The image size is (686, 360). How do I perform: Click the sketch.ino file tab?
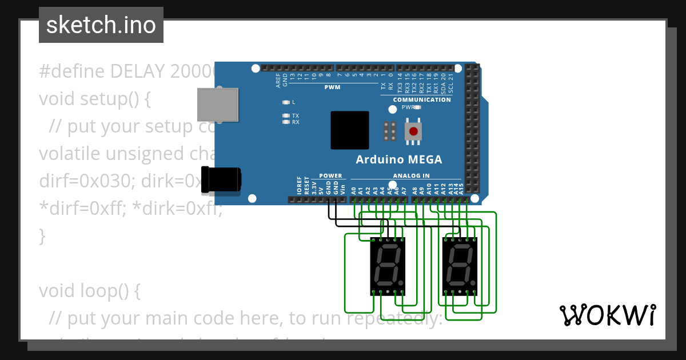pyautogui.click(x=101, y=25)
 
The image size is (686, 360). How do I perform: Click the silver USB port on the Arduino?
pyautogui.click(x=217, y=105)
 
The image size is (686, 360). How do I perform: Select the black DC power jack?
pyautogui.click(x=222, y=178)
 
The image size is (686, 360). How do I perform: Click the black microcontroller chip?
pyautogui.click(x=349, y=130)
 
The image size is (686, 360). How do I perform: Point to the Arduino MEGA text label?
pyautogui.click(x=398, y=159)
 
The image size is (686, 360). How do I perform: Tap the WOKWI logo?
pyautogui.click(x=607, y=315)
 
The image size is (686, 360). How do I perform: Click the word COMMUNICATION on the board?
pyautogui.click(x=422, y=99)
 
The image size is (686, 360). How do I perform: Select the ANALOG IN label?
pyautogui.click(x=411, y=176)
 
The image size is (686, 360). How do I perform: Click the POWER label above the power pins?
pyautogui.click(x=330, y=176)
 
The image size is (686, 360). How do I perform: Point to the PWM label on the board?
pyautogui.click(x=332, y=87)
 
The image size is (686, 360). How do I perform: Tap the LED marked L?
pyautogui.click(x=286, y=102)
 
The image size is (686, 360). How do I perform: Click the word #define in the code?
pyautogui.click(x=72, y=71)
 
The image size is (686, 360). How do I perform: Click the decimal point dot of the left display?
pyautogui.click(x=401, y=283)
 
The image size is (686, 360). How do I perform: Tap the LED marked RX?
pyautogui.click(x=286, y=122)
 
